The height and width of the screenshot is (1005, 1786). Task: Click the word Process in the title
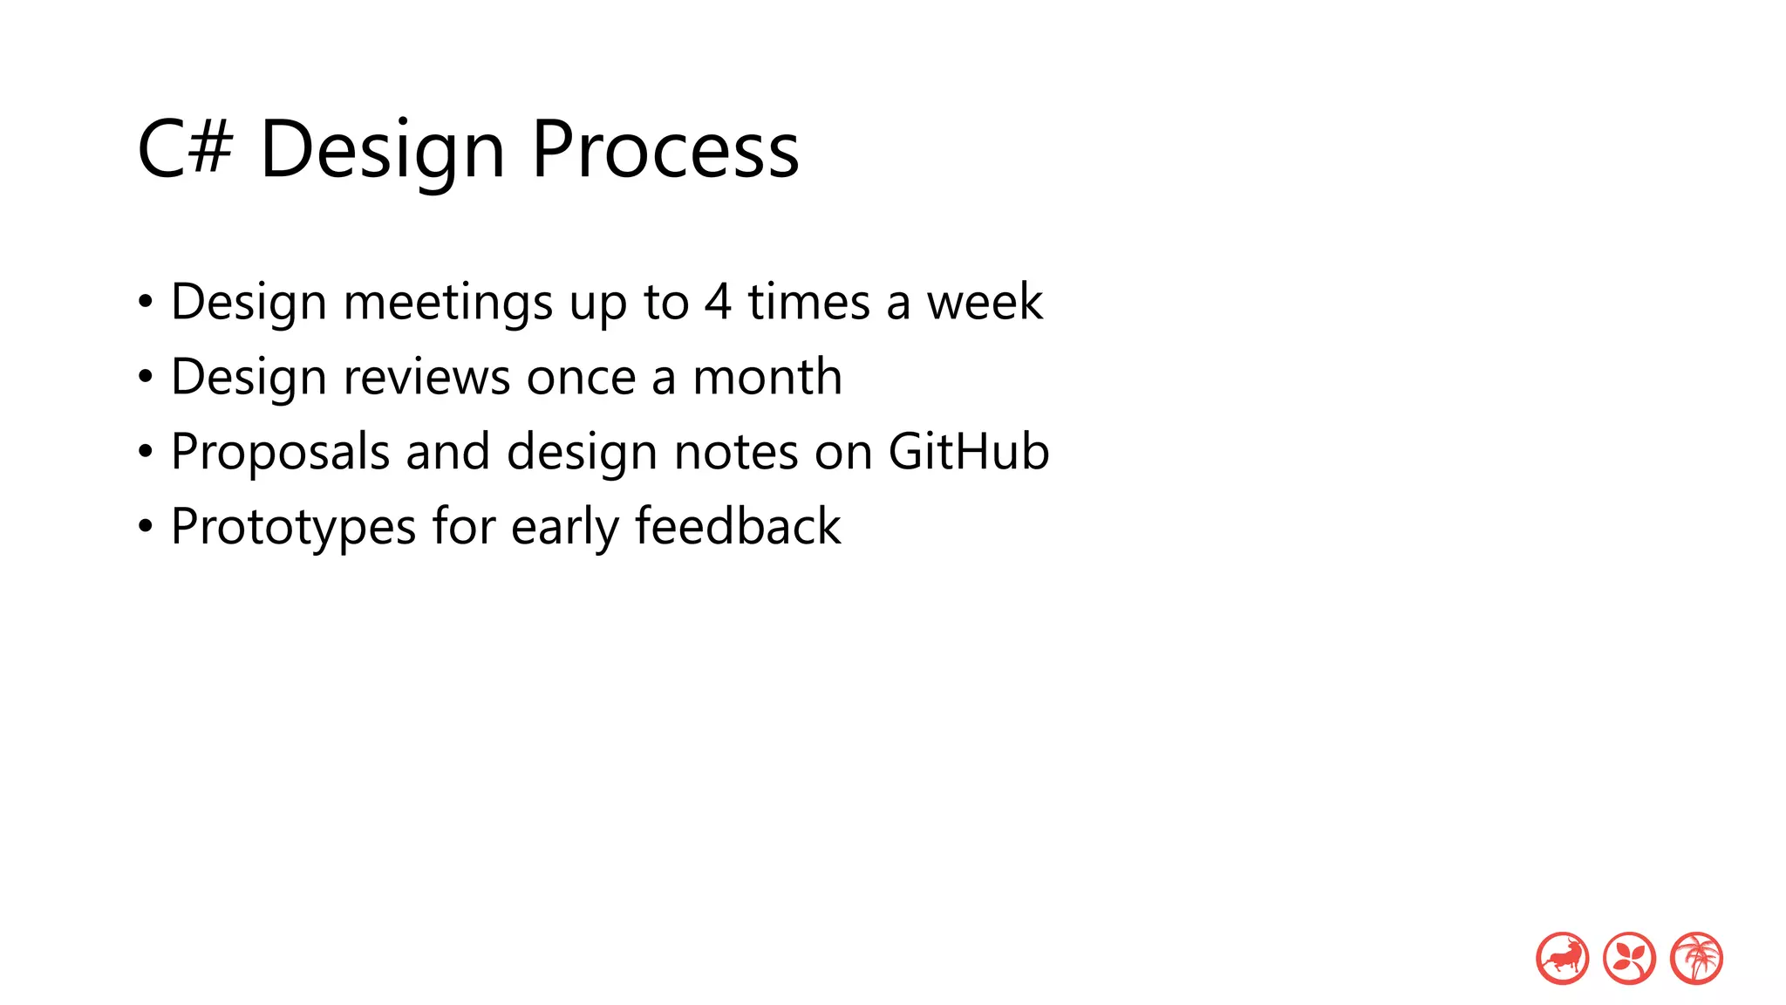coord(665,150)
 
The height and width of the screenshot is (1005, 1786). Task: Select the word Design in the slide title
coord(382,150)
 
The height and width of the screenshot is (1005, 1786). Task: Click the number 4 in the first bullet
coord(718,302)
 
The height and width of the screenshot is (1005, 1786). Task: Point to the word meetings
coord(448,304)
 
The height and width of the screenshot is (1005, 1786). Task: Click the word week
coord(984,302)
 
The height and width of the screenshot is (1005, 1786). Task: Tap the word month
coord(767,377)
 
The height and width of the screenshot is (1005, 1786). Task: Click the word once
coord(581,379)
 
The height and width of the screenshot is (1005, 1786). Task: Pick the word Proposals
coord(280,453)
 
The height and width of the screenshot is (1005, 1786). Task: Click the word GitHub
coord(968,451)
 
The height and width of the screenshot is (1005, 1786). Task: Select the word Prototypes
coord(293,528)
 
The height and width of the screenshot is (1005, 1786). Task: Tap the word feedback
coord(738,526)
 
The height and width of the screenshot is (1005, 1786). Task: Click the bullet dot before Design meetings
coord(146,303)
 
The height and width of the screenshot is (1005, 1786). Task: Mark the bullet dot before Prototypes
coord(146,527)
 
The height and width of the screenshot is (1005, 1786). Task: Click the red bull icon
coord(1562,958)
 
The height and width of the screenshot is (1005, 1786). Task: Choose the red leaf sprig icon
coord(1629,958)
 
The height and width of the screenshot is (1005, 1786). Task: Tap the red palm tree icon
coord(1696,958)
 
